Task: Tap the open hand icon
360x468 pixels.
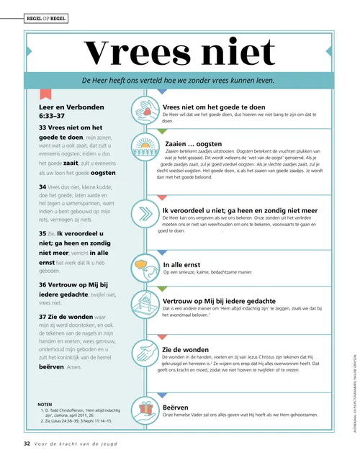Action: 147,352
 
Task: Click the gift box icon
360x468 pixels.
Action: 147,409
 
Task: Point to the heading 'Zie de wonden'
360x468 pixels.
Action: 186,349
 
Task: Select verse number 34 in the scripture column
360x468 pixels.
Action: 42,186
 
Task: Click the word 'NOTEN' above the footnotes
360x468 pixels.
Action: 45,404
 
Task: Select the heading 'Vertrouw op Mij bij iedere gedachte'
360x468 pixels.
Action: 219,301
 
